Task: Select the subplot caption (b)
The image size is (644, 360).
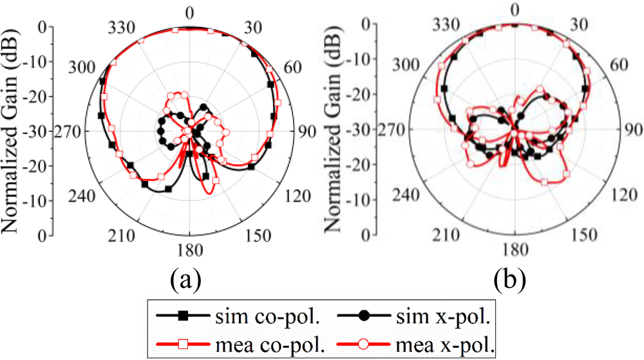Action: pos(509,280)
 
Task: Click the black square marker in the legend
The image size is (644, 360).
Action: pos(184,315)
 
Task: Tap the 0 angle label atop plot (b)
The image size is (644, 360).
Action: pos(514,9)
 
